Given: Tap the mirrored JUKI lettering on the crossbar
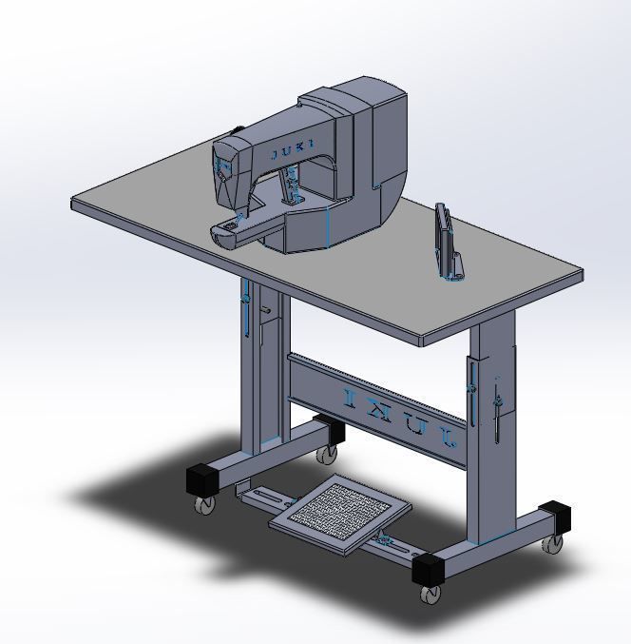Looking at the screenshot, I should coord(399,415).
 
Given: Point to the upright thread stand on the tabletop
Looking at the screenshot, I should coord(443,238).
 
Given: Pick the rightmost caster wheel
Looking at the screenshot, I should coord(552,543).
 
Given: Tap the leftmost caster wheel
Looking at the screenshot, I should coord(203,504).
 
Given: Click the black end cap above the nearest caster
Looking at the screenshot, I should coord(429,568).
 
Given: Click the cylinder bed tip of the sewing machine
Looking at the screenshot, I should coord(224,230).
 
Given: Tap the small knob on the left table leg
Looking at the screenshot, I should coord(267,310).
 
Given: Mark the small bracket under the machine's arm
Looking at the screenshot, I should coord(293,190).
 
